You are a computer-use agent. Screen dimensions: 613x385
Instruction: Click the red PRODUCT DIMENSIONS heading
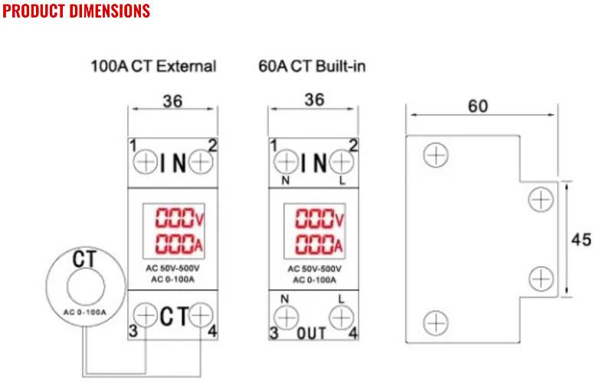[x=76, y=11]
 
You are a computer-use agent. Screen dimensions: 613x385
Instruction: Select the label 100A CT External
[x=153, y=66]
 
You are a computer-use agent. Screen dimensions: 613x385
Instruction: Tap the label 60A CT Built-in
[x=312, y=66]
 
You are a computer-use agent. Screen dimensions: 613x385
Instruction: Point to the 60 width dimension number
[x=477, y=106]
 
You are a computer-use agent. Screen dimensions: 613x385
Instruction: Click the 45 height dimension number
[x=582, y=239]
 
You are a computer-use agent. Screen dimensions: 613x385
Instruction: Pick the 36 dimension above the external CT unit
[x=172, y=101]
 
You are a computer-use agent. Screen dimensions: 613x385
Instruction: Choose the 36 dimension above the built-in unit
[x=314, y=100]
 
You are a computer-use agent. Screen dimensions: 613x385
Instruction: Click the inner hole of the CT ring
[x=86, y=287]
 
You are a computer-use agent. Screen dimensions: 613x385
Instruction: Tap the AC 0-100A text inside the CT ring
[x=85, y=312]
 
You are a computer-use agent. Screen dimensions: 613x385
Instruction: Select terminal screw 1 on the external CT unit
[x=146, y=162]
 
